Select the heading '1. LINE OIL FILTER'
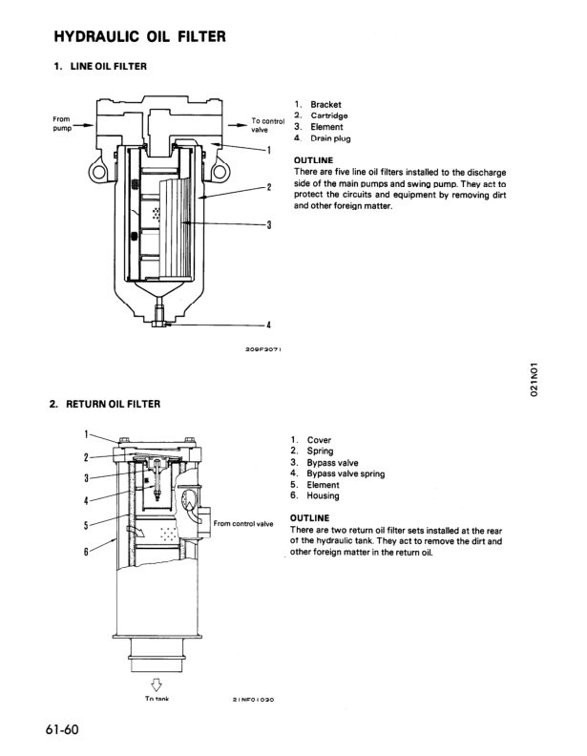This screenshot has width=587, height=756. click(x=99, y=66)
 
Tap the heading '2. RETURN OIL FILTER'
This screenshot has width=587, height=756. click(x=105, y=404)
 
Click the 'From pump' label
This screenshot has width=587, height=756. click(x=63, y=123)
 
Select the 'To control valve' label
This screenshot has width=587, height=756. click(x=264, y=126)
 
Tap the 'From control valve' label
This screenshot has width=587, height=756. click(x=243, y=523)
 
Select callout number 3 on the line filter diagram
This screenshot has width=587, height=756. click(x=269, y=225)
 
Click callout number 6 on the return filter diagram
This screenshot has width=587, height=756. click(x=87, y=552)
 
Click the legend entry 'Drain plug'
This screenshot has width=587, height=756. click(x=329, y=138)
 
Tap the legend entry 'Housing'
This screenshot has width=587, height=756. click(x=323, y=496)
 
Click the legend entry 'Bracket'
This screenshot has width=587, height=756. click(x=325, y=104)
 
